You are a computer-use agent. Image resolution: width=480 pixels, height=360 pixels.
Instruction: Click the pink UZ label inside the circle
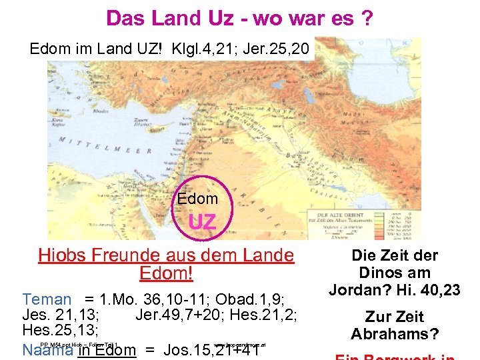click(x=202, y=221)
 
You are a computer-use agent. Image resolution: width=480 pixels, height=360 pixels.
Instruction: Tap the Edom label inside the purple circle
click(x=197, y=199)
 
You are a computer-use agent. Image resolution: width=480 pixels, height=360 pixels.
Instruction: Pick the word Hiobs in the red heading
click(x=65, y=255)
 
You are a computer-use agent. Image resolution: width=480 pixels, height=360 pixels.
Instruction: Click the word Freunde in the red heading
click(x=131, y=255)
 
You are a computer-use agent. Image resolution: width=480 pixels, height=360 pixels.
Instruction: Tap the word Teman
click(x=46, y=300)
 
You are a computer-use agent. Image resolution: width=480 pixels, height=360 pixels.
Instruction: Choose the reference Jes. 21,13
click(x=61, y=315)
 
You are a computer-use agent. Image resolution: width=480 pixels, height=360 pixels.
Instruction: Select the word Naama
click(x=47, y=350)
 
